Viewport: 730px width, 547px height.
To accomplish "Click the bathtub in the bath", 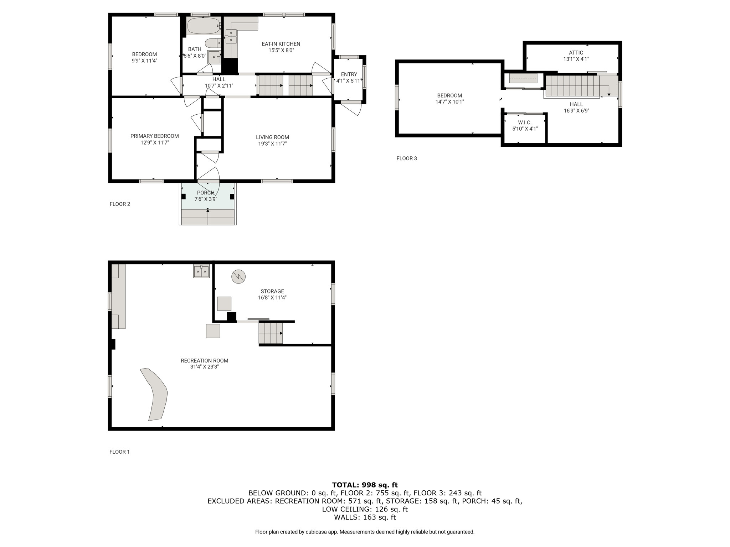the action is pyautogui.click(x=204, y=26).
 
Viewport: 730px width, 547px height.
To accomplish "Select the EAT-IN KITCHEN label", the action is pyautogui.click(x=281, y=44).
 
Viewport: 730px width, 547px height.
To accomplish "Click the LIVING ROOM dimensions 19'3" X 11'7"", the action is pyautogui.click(x=272, y=144).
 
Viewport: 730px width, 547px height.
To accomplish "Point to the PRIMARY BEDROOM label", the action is pyautogui.click(x=154, y=136).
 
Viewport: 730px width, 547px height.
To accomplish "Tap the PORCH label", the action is pyautogui.click(x=206, y=193).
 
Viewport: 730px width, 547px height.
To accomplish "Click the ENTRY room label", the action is pyautogui.click(x=349, y=74).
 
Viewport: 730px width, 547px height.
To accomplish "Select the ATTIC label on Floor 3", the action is pyautogui.click(x=576, y=53).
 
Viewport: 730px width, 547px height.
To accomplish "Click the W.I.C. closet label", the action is pyautogui.click(x=525, y=123).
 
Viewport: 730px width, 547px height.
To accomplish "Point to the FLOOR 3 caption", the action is pyautogui.click(x=407, y=158).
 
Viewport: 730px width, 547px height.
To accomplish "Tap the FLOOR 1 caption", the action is pyautogui.click(x=119, y=452).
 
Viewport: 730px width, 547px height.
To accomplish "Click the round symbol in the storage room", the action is pyautogui.click(x=238, y=276).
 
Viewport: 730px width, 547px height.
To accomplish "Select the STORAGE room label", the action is pyautogui.click(x=272, y=291).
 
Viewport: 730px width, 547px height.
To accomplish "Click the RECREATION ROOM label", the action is pyautogui.click(x=204, y=360).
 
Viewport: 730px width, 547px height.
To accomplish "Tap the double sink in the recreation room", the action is pyautogui.click(x=201, y=271).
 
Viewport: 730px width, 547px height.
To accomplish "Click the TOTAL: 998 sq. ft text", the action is pyautogui.click(x=365, y=485).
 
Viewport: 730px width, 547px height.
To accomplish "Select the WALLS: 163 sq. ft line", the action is pyautogui.click(x=365, y=517).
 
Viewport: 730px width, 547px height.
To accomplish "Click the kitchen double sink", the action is pyautogui.click(x=231, y=36).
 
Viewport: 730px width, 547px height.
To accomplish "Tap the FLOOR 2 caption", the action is pyautogui.click(x=120, y=204).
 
